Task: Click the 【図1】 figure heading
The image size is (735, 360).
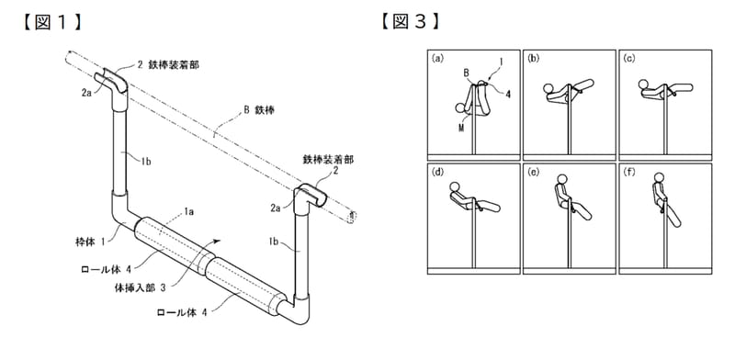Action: tap(51, 22)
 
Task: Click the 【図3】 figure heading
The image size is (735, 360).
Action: tap(410, 22)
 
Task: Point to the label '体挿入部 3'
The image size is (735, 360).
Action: tap(140, 287)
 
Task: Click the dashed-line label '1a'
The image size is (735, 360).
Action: tap(187, 212)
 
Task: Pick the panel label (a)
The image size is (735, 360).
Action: tap(437, 58)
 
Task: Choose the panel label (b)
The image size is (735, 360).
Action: tap(534, 58)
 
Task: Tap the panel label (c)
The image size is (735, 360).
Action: tap(629, 58)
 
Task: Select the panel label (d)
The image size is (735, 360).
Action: tap(437, 171)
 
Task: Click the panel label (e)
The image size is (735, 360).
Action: tap(534, 171)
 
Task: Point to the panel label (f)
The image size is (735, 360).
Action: tap(629, 171)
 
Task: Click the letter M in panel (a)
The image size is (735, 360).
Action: tap(461, 129)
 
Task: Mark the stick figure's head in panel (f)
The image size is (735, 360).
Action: tap(660, 177)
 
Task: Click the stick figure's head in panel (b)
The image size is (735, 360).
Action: tap(548, 88)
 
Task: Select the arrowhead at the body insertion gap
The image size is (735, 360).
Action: tap(216, 241)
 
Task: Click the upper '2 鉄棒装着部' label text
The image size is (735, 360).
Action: tap(168, 65)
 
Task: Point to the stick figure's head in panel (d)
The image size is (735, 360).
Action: tap(454, 187)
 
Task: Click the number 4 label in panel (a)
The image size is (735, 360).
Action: tap(508, 94)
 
